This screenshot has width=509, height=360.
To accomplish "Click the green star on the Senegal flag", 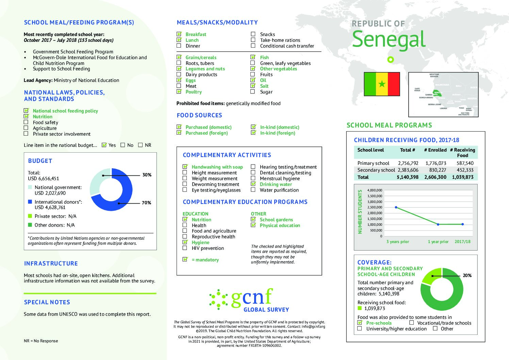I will click(x=382, y=84).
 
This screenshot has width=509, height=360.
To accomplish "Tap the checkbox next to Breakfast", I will click(x=179, y=34).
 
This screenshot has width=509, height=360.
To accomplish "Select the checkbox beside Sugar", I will click(x=253, y=91).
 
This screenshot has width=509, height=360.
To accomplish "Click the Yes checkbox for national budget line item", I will click(x=104, y=145).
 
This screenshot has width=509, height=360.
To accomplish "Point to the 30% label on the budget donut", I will click(x=147, y=175).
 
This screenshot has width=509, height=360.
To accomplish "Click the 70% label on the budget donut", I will click(x=146, y=203).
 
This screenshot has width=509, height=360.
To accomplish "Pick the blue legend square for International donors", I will click(x=30, y=202).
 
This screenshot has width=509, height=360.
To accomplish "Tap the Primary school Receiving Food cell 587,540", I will click(x=465, y=163).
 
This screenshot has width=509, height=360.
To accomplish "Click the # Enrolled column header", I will click(x=435, y=150).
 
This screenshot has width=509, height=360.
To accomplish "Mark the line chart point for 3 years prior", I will click(x=396, y=207).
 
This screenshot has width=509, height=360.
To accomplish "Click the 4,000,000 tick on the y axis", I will click(x=375, y=190).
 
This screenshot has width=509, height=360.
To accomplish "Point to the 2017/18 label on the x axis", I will click(x=462, y=242).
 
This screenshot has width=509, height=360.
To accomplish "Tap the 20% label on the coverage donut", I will click(x=467, y=275).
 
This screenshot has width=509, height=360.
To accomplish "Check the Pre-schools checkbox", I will click(x=360, y=323).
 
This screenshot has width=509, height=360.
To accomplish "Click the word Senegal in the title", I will click(x=389, y=39).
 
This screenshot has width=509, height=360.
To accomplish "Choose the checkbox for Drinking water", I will click(x=253, y=184).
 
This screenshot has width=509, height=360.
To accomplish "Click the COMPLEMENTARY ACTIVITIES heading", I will click(x=227, y=155).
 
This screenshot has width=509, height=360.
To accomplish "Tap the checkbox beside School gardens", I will click(x=253, y=219).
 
